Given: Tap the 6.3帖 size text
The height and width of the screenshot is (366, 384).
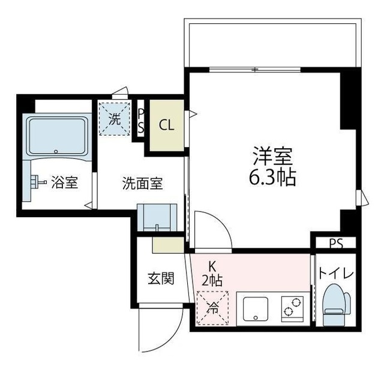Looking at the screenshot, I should (x=272, y=178).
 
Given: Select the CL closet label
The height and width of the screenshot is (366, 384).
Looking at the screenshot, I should (x=166, y=126).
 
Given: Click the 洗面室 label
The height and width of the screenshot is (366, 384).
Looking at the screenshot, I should (x=142, y=184).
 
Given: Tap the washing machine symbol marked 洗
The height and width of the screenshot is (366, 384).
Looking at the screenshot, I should (x=114, y=118).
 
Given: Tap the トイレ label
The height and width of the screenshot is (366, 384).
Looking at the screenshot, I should (x=336, y=273).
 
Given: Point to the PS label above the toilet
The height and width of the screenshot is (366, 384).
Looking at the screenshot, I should (x=336, y=244).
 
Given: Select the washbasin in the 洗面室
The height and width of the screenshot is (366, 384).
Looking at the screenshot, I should (x=157, y=218).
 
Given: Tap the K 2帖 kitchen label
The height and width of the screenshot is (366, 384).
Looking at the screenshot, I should (x=213, y=271).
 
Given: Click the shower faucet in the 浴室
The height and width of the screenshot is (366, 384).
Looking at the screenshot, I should (x=37, y=181).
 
